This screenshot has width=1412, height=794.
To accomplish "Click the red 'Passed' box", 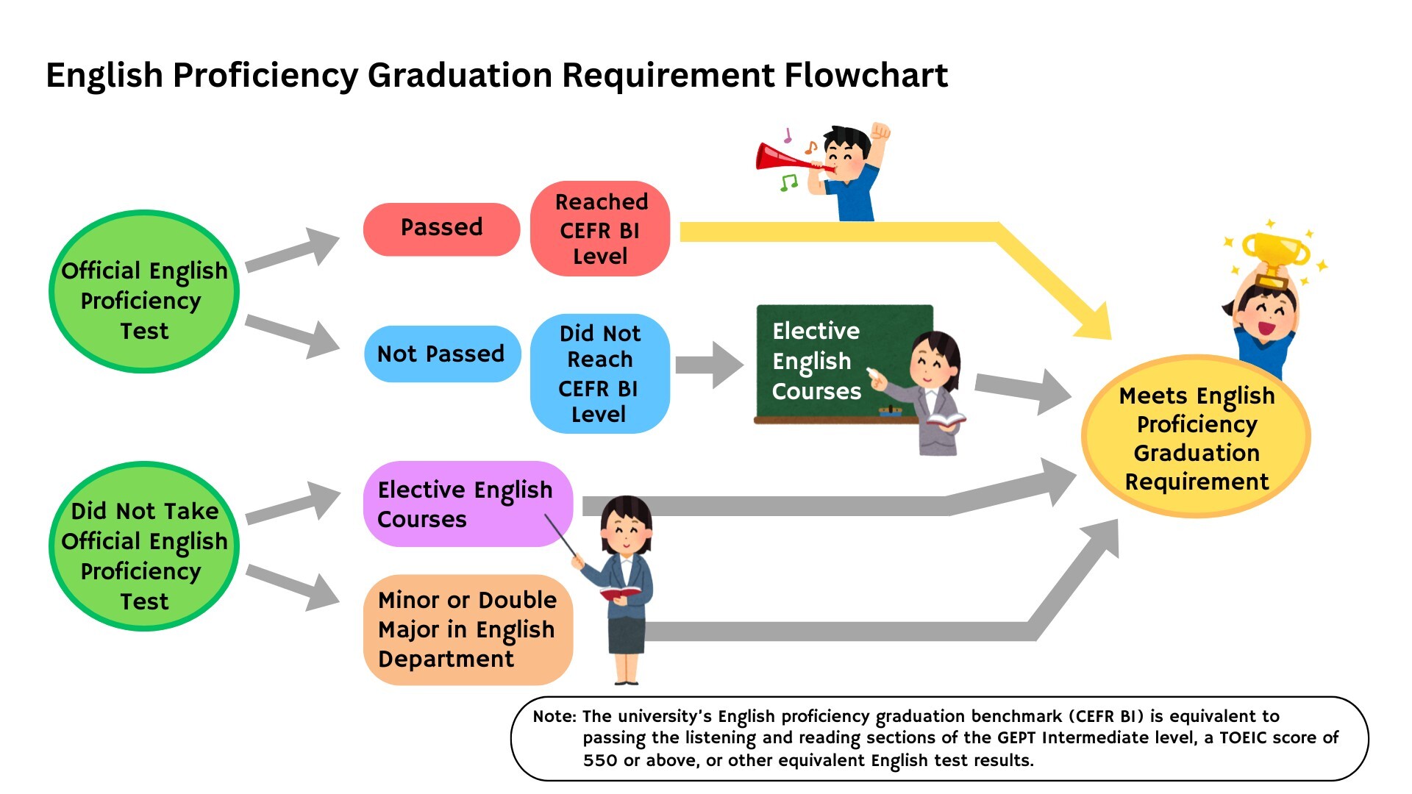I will (441, 229).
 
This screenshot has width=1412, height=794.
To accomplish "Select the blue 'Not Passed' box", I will (441, 354).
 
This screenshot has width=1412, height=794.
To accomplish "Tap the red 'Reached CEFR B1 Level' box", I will (600, 229).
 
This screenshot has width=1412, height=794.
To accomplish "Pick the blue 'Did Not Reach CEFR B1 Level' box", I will (599, 373).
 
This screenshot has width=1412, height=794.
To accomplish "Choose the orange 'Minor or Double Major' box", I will (467, 629).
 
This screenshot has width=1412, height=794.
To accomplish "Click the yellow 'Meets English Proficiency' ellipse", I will (1196, 438).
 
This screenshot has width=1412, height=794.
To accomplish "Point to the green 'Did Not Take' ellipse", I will (144, 546).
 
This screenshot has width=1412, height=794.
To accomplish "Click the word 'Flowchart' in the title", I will (866, 76).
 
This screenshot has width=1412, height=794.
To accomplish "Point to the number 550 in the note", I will (600, 760).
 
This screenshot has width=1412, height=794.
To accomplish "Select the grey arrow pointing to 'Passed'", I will (294, 251).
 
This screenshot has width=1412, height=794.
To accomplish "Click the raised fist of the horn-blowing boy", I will (880, 132).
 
